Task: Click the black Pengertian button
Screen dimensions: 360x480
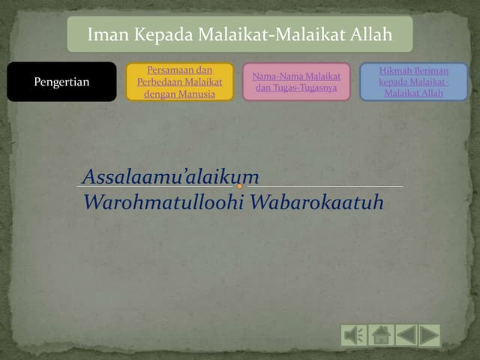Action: [61, 82]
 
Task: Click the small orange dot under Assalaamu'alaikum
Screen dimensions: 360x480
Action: [238, 186]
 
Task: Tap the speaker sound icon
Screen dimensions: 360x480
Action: [354, 334]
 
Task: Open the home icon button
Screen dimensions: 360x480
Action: [381, 334]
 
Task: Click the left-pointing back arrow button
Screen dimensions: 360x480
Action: [406, 334]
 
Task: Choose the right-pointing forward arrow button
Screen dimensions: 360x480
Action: [430, 334]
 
